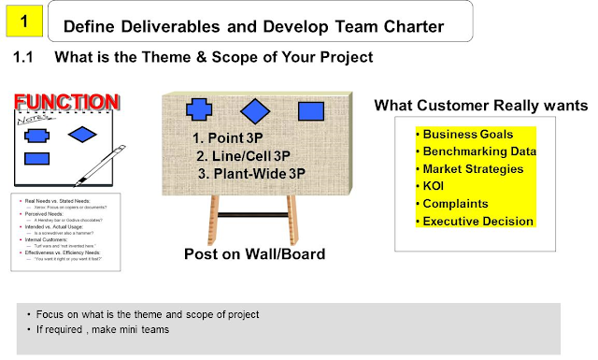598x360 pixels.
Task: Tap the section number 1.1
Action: [24, 58]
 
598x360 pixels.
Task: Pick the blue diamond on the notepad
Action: [82, 135]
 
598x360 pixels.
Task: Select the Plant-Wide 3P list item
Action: [249, 173]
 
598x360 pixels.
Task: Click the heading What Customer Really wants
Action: [481, 105]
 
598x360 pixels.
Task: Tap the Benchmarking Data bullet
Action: [477, 151]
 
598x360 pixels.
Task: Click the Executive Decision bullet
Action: [476, 221]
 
